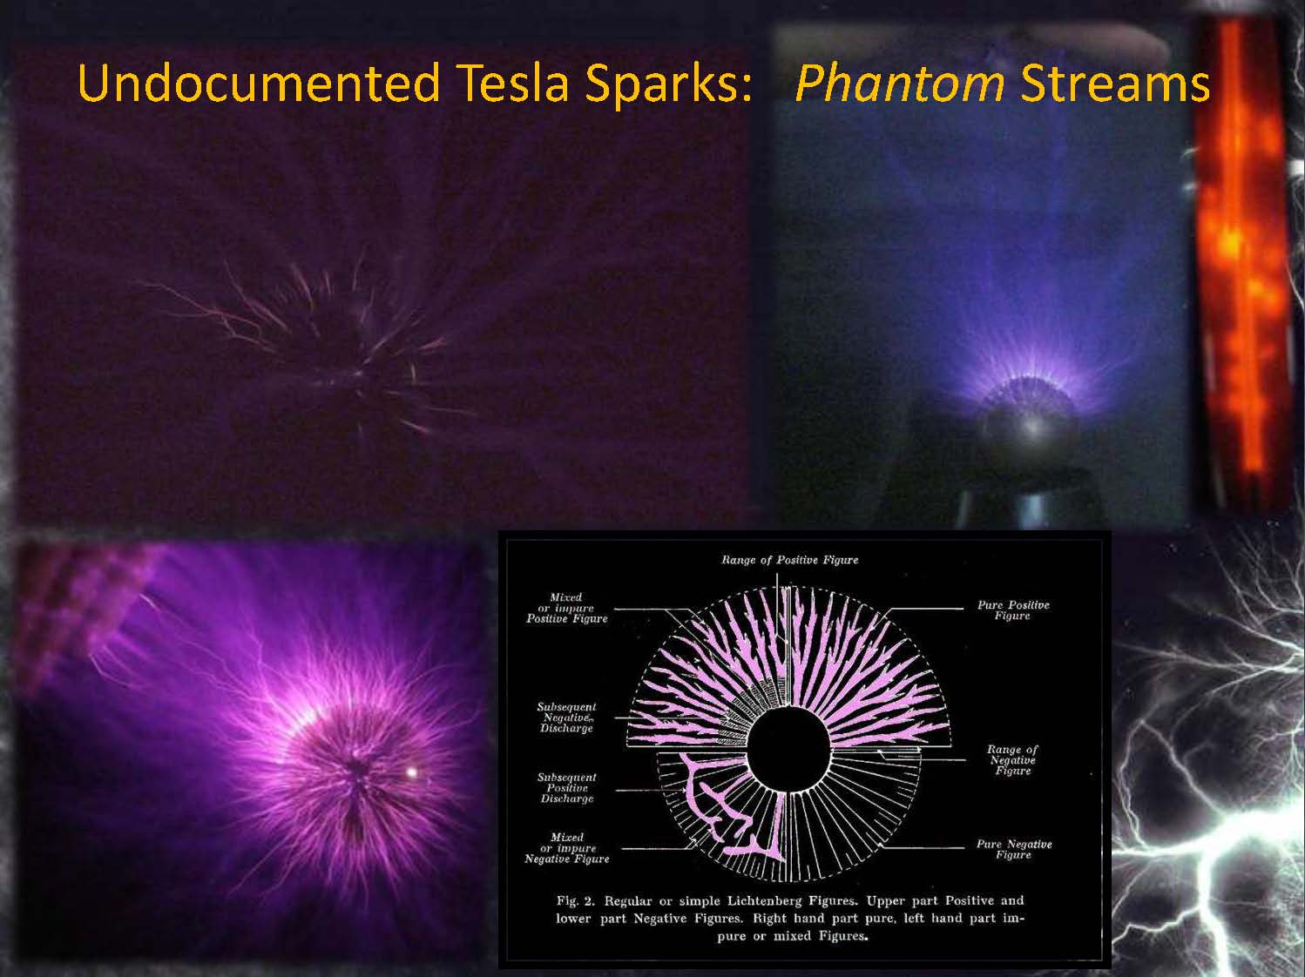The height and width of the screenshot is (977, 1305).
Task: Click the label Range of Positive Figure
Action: [789, 560]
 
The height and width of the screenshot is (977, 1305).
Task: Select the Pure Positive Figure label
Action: [1013, 610]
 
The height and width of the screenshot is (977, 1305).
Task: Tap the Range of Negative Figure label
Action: [1012, 760]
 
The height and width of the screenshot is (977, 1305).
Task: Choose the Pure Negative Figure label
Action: [1014, 849]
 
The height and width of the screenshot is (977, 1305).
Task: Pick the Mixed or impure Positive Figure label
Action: [566, 608]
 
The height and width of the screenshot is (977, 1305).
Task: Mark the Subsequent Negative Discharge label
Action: [566, 718]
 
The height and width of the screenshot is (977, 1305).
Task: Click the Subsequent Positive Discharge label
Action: [566, 787]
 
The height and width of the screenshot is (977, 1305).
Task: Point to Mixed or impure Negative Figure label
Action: [566, 848]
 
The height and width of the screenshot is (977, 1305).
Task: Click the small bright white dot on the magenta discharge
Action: [411, 772]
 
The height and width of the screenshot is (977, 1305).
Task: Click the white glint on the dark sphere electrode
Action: [1032, 426]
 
